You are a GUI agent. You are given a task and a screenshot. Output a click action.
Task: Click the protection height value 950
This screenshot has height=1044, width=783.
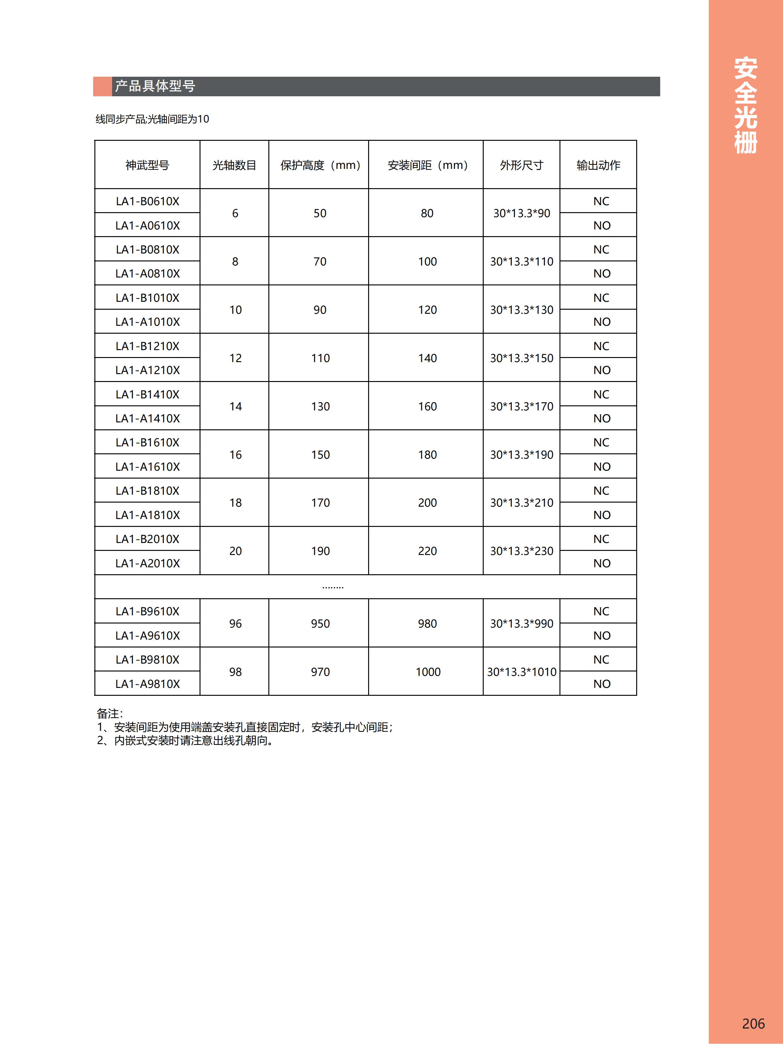click(x=320, y=623)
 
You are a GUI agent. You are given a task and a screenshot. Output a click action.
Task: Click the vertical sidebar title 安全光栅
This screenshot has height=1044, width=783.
click(x=746, y=105)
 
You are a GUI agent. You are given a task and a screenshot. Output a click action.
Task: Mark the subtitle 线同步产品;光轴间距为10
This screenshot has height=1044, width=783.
click(x=152, y=119)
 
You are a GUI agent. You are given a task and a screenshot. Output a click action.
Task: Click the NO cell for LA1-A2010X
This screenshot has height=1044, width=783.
click(x=602, y=563)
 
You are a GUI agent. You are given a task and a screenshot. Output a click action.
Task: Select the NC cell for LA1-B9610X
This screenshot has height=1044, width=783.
click(x=601, y=611)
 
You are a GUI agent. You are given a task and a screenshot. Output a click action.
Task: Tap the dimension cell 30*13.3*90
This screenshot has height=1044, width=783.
click(x=522, y=213)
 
